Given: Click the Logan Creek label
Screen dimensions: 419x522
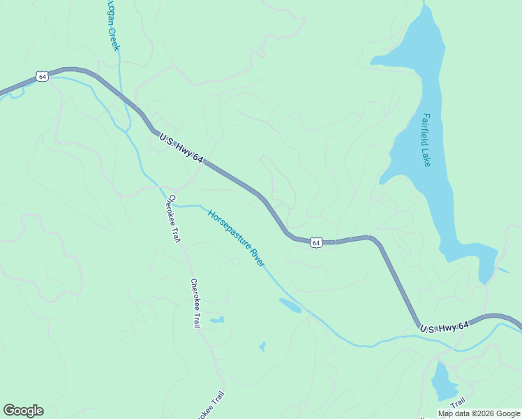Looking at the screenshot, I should pyautogui.click(x=112, y=25).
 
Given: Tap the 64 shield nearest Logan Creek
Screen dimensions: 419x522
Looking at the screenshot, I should pyautogui.click(x=43, y=76).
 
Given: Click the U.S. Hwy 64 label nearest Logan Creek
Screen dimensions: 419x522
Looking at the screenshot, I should pyautogui.click(x=181, y=149).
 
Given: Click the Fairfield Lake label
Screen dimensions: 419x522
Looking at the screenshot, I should pyautogui.click(x=426, y=140).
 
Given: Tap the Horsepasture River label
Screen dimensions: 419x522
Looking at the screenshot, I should pyautogui.click(x=237, y=238).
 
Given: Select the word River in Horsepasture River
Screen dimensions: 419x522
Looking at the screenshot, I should pyautogui.click(x=257, y=258).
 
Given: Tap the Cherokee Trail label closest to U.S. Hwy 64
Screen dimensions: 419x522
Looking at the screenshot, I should pyautogui.click(x=172, y=219).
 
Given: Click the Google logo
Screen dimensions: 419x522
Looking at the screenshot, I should pyautogui.click(x=23, y=411).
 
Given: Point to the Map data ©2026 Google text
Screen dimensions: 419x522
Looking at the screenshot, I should pyautogui.click(x=479, y=413).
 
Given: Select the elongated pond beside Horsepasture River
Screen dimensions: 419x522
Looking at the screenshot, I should pyautogui.click(x=290, y=305).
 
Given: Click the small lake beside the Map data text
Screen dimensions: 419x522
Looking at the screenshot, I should pyautogui.click(x=442, y=383).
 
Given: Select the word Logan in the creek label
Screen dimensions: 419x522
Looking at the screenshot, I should pyautogui.click(x=110, y=13).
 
